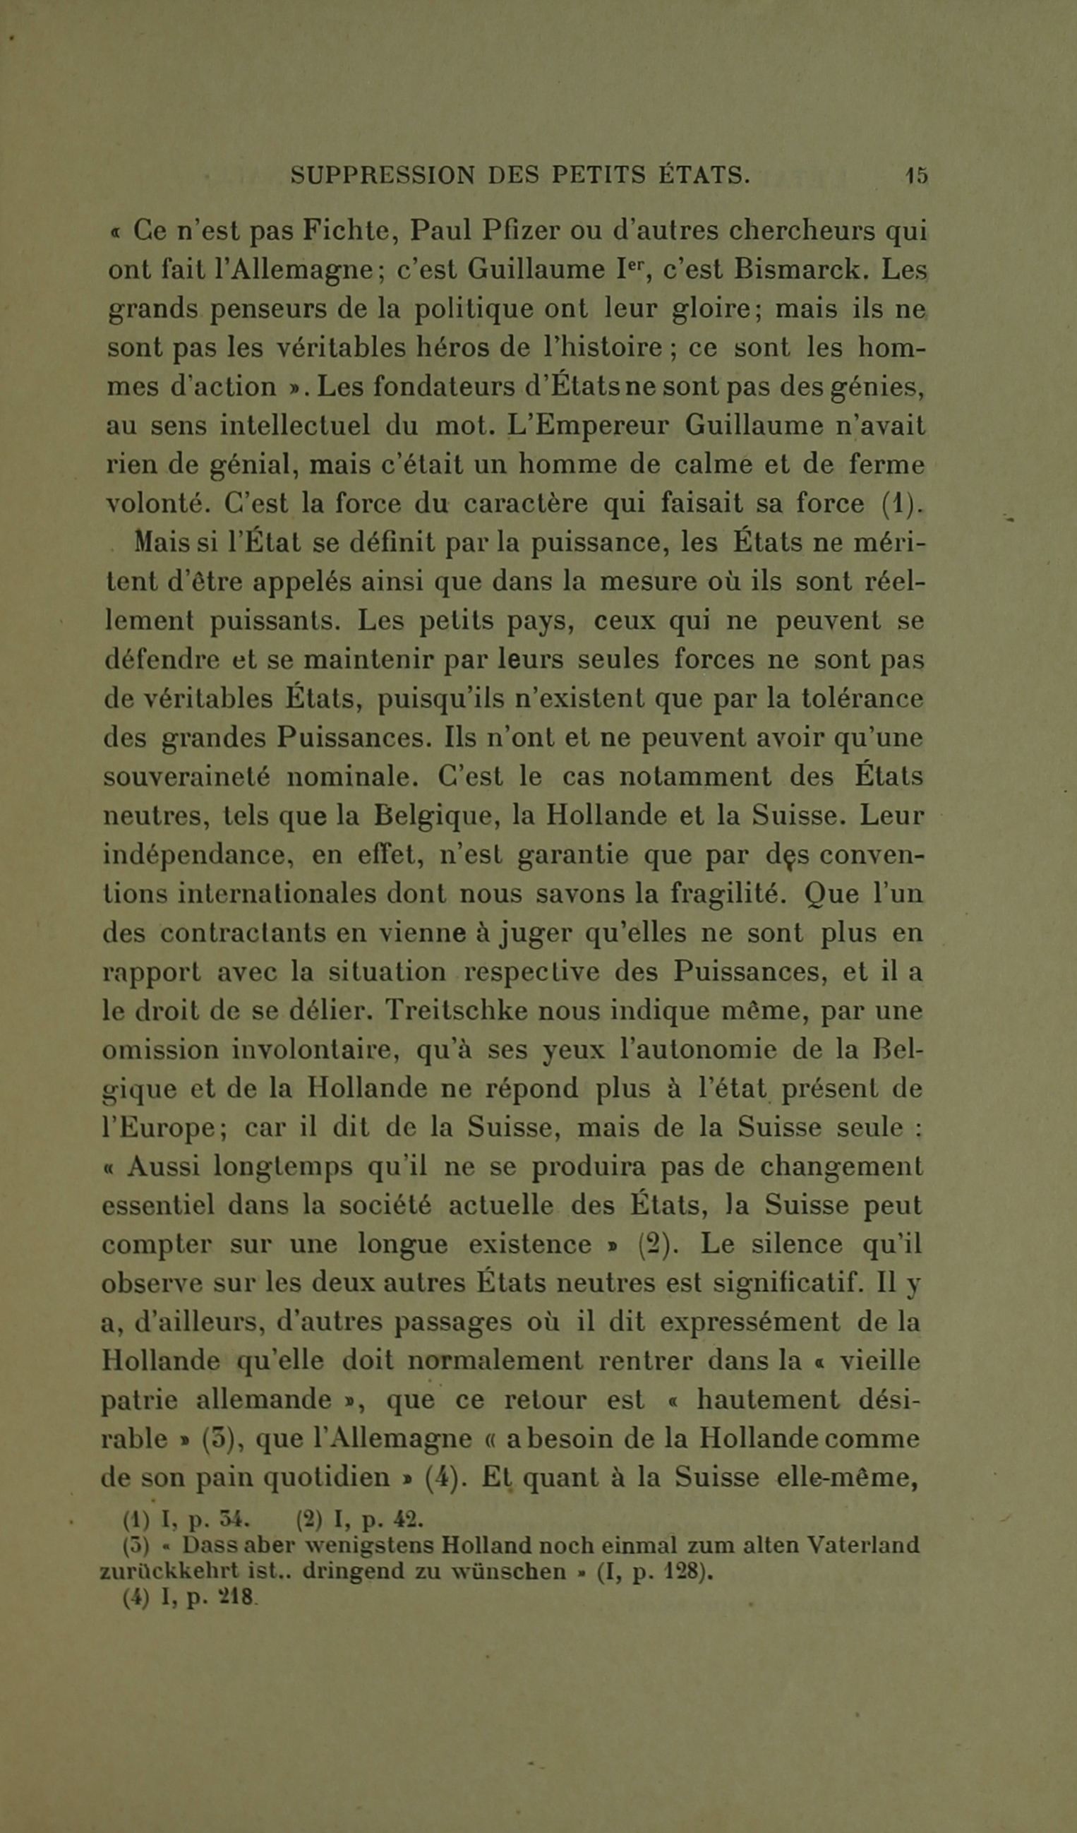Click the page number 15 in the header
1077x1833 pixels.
pyautogui.click(x=916, y=176)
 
